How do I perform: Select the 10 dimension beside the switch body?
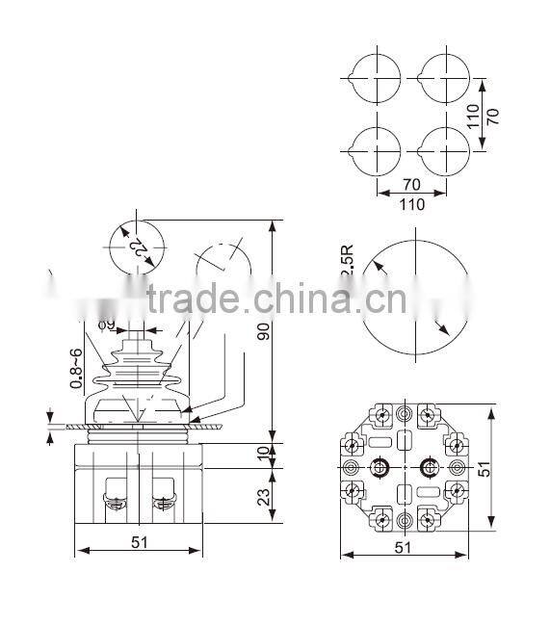(261, 454)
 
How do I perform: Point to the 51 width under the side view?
(139, 541)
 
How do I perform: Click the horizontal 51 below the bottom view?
(402, 547)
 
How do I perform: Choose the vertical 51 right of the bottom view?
(485, 468)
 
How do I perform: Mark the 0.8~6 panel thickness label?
(75, 367)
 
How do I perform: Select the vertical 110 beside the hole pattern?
(473, 116)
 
